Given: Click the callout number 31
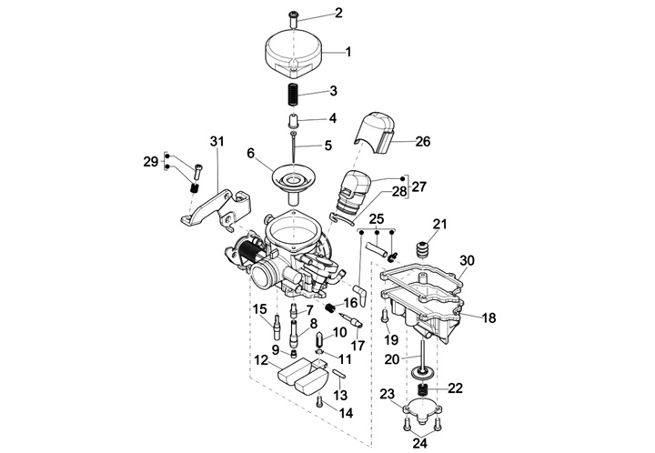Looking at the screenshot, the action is (217, 142).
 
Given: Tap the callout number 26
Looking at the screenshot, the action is (423, 142).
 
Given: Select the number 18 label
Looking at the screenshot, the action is (489, 317).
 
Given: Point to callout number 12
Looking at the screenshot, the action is (261, 360).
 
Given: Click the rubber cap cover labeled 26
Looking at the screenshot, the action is (377, 132).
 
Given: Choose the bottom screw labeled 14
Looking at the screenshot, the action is (320, 402).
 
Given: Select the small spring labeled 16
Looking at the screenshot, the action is (330, 308).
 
